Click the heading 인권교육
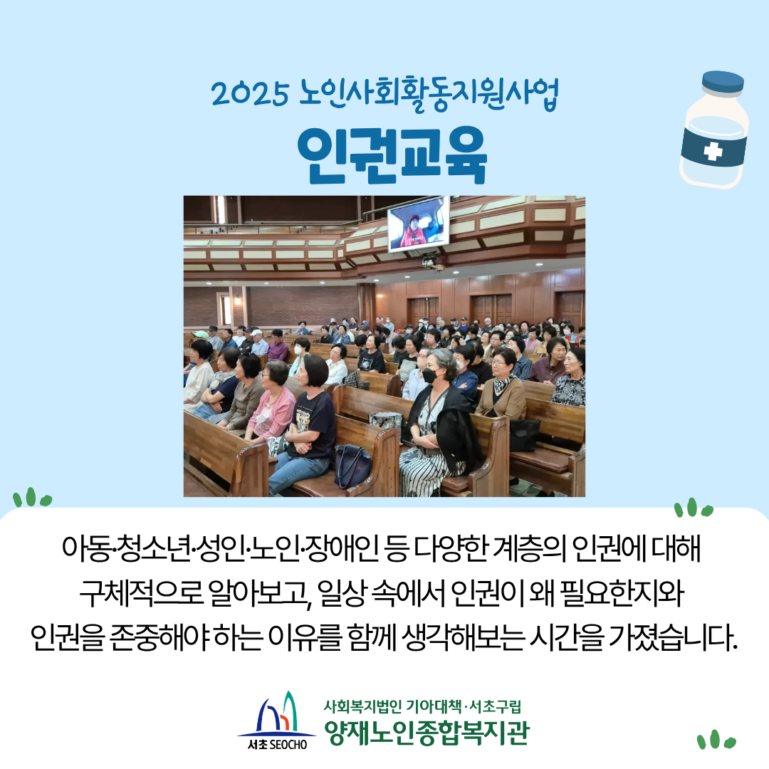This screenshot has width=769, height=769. point(392,155)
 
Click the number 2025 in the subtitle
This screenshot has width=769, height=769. point(250,94)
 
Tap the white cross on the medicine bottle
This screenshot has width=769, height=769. point(713,151)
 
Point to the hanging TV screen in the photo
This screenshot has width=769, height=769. point(418,224)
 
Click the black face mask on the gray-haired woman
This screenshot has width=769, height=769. point(431,376)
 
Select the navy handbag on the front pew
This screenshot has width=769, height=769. point(352,466)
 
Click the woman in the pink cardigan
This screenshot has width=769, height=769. point(272,402)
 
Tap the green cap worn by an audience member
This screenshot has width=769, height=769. point(200,335)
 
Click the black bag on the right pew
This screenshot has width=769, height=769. point(524,434)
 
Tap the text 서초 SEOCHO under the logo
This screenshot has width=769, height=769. point(277,745)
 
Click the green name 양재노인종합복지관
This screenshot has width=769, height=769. point(427,732)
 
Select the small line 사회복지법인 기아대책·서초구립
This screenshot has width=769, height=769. point(422,706)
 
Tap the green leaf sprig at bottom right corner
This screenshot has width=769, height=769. point(716,740)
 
